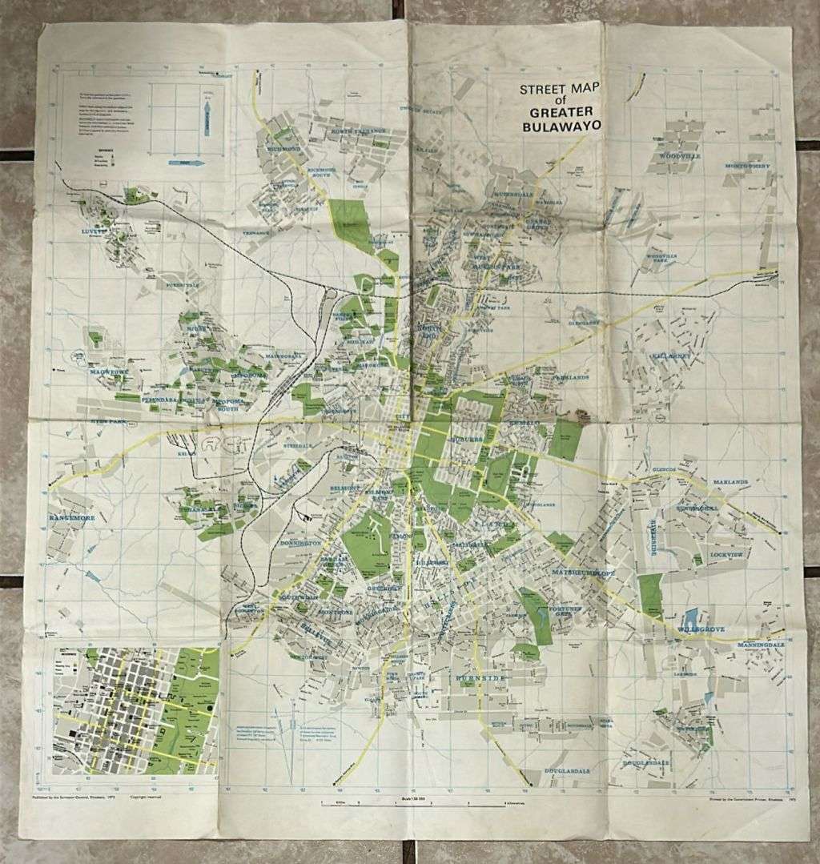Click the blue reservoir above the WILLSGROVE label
pyautogui.click(x=689, y=617)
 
